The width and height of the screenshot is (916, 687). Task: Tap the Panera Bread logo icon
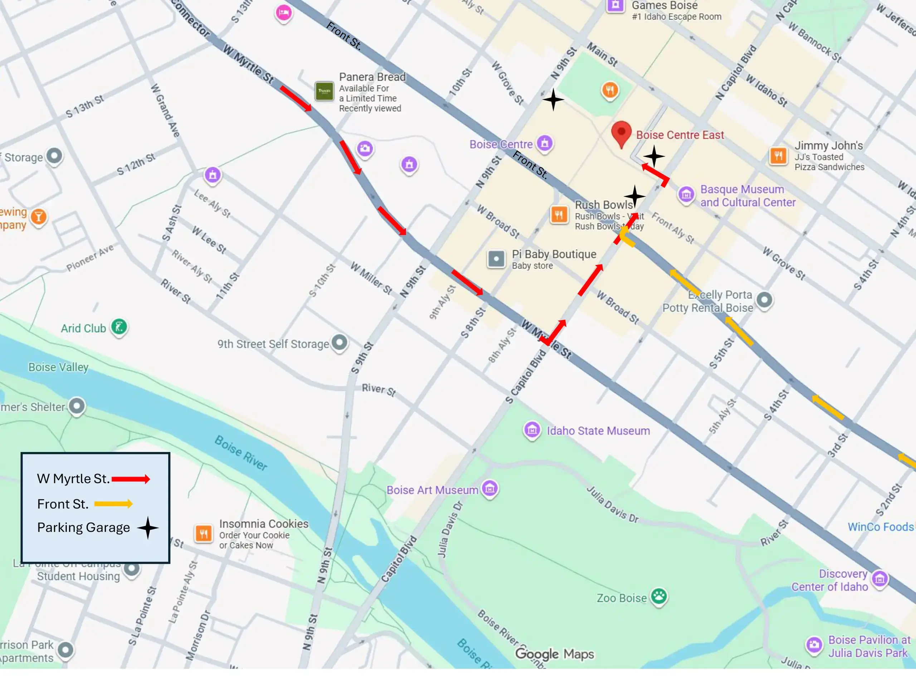pyautogui.click(x=324, y=91)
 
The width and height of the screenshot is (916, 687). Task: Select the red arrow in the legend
pyautogui.click(x=131, y=479)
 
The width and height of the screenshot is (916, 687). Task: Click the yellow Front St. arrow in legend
pyautogui.click(x=113, y=503)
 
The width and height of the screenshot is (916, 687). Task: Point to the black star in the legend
pyautogui.click(x=147, y=527)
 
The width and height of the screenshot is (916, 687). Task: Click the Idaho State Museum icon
pyautogui.click(x=532, y=430)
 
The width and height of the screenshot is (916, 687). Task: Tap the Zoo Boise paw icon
pyautogui.click(x=658, y=596)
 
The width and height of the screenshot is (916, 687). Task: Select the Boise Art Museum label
pyautogui.click(x=432, y=490)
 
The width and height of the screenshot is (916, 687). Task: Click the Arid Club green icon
pyautogui.click(x=119, y=327)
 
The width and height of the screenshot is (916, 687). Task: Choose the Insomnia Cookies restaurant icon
pyautogui.click(x=203, y=533)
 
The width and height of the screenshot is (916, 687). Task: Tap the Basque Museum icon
pyautogui.click(x=686, y=194)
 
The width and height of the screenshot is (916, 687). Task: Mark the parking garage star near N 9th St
pyautogui.click(x=553, y=99)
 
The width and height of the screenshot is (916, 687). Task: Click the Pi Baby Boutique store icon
pyautogui.click(x=496, y=259)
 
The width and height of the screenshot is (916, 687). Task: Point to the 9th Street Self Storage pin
pyautogui.click(x=340, y=342)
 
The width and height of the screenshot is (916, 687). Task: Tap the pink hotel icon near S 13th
pyautogui.click(x=284, y=13)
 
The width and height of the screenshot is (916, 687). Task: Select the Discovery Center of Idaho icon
pyautogui.click(x=880, y=579)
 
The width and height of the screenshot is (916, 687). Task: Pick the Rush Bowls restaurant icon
pyautogui.click(x=559, y=214)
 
